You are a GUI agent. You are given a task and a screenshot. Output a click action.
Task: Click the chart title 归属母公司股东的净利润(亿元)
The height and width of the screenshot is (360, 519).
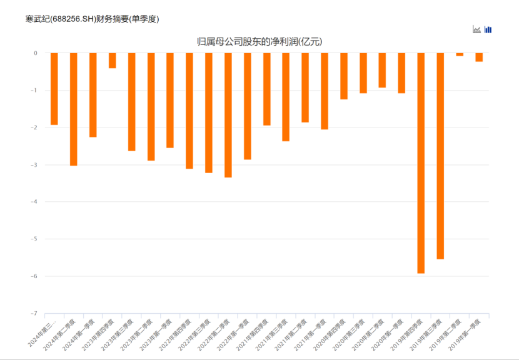click(x=259, y=42)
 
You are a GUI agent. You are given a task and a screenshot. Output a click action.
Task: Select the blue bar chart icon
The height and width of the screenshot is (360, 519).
click(x=488, y=29)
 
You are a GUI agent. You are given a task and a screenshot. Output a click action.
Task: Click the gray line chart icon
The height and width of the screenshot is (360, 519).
click(x=476, y=29)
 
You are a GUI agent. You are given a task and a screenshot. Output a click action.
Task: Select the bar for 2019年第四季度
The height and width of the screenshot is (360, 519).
click(x=421, y=162)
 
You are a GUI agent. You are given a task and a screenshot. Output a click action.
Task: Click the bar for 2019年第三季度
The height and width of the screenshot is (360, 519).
click(x=440, y=156)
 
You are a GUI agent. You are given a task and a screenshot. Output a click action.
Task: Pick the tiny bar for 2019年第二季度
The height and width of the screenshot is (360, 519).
click(x=460, y=55)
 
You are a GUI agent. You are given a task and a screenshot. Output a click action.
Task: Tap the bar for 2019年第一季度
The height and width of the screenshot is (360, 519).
click(x=479, y=57)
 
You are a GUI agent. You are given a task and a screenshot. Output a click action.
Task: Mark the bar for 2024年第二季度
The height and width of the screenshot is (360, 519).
click(x=73, y=109)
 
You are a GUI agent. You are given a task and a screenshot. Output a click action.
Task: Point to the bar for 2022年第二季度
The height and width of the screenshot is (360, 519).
click(x=228, y=115)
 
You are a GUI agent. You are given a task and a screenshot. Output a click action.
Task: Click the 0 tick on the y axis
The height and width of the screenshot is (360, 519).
click(x=36, y=53)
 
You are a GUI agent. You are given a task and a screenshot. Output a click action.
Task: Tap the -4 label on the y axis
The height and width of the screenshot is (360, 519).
click(x=34, y=202)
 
